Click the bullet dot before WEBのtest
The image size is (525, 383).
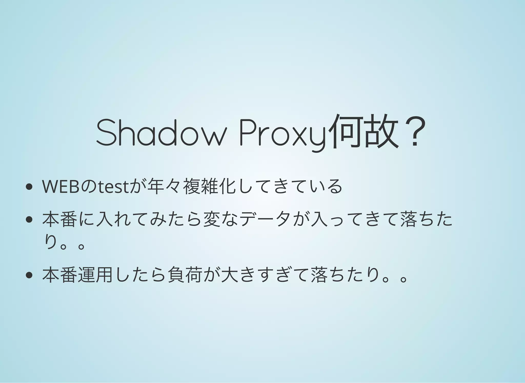(29, 187)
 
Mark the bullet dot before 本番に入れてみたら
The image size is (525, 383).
(29, 219)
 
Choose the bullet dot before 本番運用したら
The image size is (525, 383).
(29, 275)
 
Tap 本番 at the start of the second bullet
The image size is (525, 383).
(60, 219)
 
